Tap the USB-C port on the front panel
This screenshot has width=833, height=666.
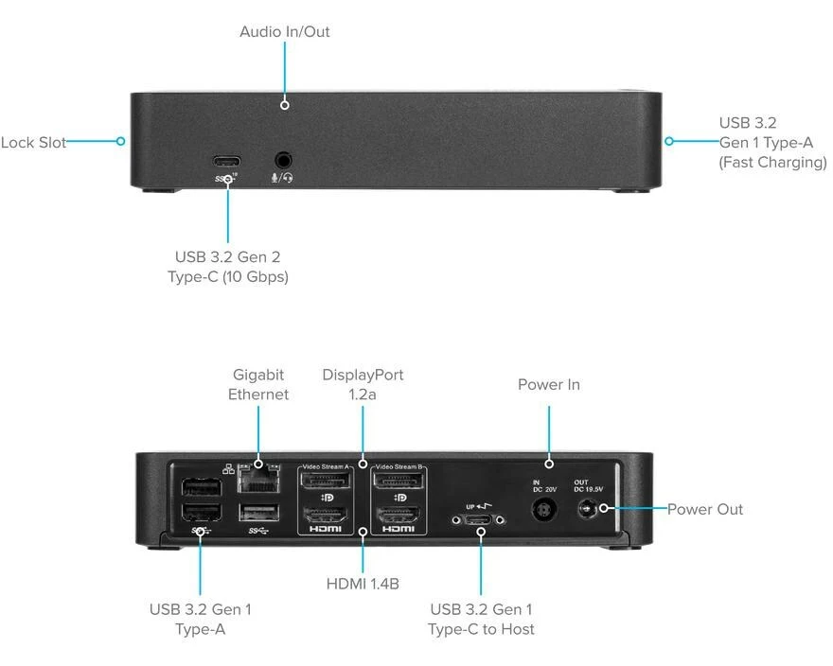point(227,160)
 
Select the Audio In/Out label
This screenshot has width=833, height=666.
point(284,32)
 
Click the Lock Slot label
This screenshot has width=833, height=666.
point(33,143)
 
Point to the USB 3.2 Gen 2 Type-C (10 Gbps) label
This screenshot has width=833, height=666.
point(227,267)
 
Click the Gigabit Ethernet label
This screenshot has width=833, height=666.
point(257,385)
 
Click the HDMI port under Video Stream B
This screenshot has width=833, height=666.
point(399,517)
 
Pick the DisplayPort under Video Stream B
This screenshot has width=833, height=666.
point(399,484)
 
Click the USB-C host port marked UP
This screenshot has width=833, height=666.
point(481,519)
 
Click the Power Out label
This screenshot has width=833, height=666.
point(705,509)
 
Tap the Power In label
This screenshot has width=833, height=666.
point(549,385)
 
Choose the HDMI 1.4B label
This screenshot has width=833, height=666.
point(363,585)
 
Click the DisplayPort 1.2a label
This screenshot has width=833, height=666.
point(363,385)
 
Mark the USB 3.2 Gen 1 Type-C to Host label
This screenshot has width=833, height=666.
point(481,620)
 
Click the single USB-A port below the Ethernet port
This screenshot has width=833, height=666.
point(258,513)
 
